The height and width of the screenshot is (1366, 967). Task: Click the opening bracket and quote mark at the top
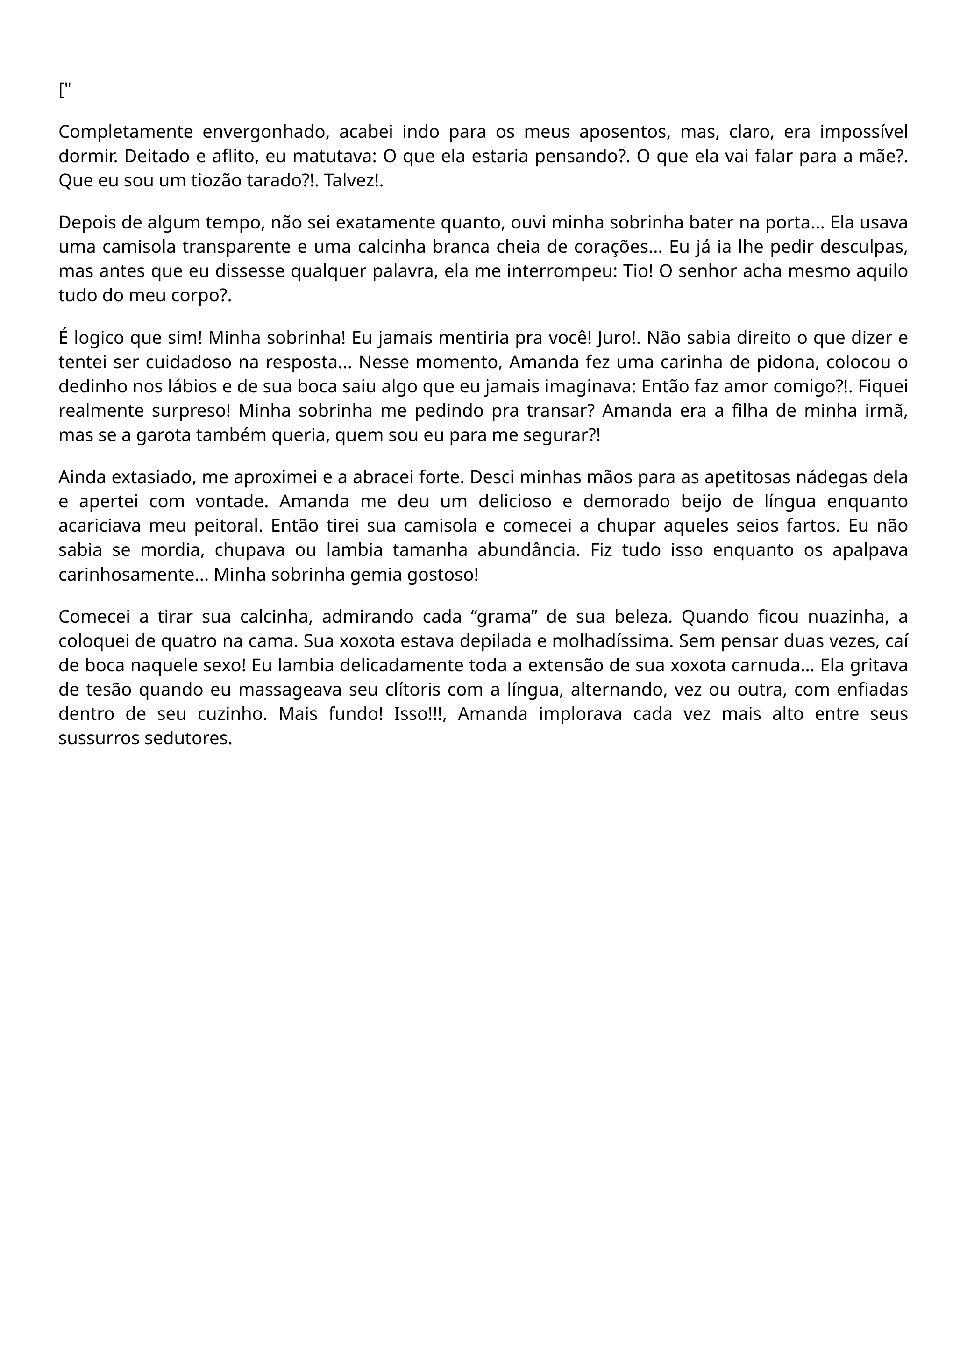coord(64,91)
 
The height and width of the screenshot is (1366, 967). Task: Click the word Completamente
coord(126,132)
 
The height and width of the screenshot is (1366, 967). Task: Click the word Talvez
coord(351,180)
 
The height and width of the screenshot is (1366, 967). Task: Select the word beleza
coord(642,618)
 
